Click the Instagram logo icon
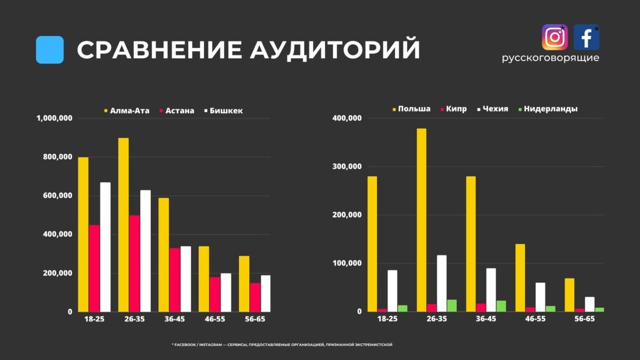pos(555,37)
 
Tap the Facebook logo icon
pos(586,37)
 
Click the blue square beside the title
pos(50,49)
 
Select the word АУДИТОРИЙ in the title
pos(335,49)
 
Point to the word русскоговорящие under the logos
pos(550,58)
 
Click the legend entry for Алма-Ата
pos(127,110)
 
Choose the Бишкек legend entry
pos(224,110)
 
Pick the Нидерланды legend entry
pos(547,109)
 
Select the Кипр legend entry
pos(453,109)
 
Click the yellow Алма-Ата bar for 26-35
pos(123,225)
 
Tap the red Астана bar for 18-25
pos(94,268)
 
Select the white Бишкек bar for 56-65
pos(266,294)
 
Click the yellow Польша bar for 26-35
pos(422,220)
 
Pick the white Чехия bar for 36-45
pos(491,290)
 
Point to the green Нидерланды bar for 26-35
pos(452,306)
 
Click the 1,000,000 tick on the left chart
pos(54,118)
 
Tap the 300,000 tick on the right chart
pos(347,166)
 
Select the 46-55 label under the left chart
pos(214,319)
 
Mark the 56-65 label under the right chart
pos(584,319)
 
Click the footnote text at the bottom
pos(282,345)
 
